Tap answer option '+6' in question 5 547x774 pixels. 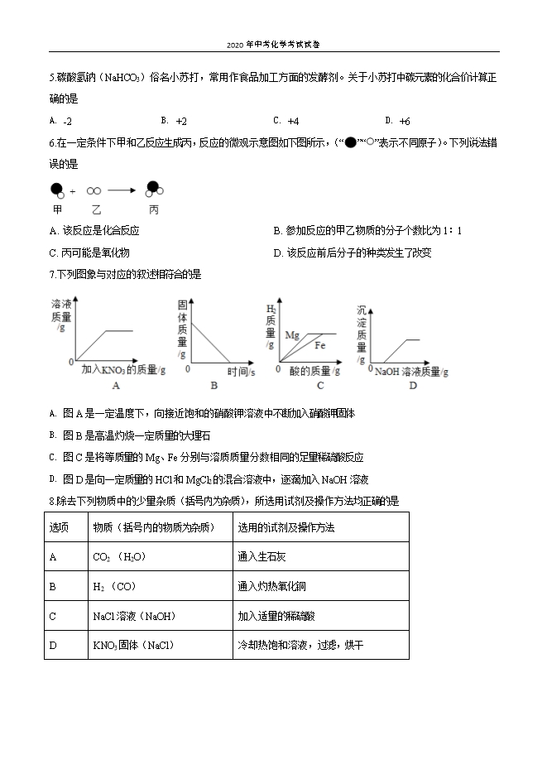coord(405,120)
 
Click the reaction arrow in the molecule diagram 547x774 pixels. coord(121,190)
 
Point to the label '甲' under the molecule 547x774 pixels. coord(57,209)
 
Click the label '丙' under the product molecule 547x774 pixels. coord(154,209)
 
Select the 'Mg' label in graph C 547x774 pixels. coord(292,335)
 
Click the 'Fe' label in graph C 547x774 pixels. coord(319,344)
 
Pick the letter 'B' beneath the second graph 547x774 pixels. coord(214,385)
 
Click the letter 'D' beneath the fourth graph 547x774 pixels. coord(412,385)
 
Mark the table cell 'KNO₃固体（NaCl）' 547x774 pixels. coord(137,645)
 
